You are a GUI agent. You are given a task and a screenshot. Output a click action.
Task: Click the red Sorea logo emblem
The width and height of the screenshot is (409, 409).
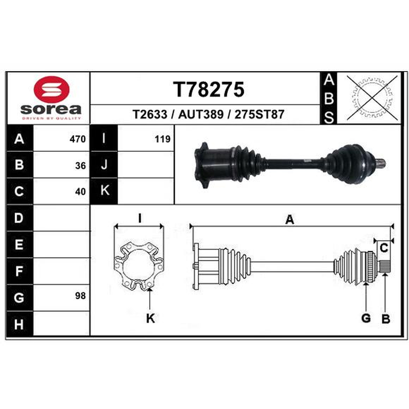52,89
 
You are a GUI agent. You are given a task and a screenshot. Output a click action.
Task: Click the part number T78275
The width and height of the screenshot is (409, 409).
209,89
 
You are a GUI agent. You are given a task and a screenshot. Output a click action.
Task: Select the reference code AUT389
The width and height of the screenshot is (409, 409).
201,114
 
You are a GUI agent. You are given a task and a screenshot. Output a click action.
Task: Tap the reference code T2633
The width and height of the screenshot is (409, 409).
150,114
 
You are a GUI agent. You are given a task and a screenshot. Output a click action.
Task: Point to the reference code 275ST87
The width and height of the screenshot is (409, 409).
259,114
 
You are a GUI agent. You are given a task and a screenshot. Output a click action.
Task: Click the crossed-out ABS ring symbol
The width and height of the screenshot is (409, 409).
372,98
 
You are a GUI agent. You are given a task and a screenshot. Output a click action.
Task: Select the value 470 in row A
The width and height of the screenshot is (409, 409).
78,139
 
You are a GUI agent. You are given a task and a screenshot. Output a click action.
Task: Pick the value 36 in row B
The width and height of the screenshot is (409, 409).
80,166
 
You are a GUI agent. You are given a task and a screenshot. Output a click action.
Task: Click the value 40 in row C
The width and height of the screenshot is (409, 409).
80,192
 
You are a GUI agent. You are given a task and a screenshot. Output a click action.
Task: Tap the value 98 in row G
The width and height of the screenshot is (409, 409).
80,296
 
